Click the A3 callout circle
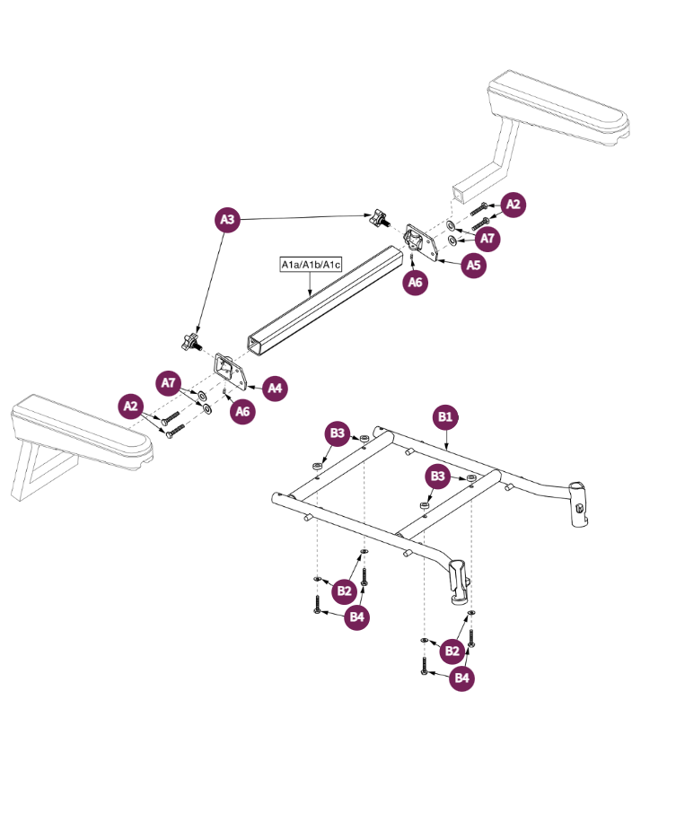(228, 220)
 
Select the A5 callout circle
(474, 265)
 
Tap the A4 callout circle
(276, 388)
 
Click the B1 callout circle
(446, 416)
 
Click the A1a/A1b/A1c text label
(310, 265)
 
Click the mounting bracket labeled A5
(420, 243)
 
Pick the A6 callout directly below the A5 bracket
(414, 282)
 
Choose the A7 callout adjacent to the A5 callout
(487, 239)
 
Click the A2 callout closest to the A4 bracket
(132, 406)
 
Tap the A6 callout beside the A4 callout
(241, 411)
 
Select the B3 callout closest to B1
(438, 476)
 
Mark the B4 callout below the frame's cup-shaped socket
(461, 678)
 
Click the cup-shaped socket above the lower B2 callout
(459, 581)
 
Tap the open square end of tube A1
(258, 346)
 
